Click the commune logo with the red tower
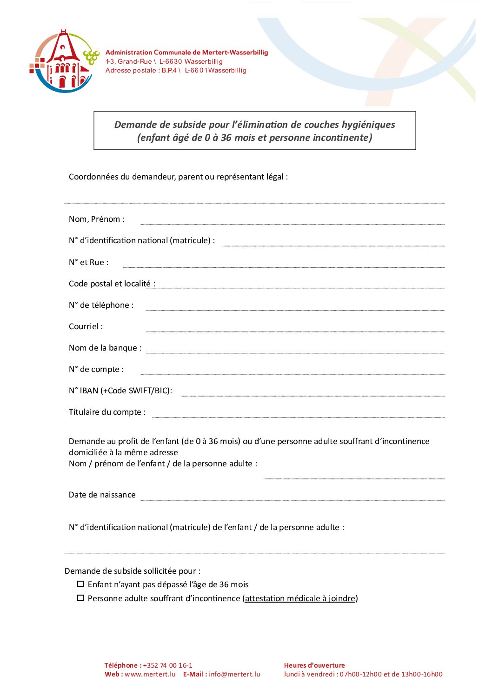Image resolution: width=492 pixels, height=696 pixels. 64,61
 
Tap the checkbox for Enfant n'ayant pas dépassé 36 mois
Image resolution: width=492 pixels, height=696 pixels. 80,584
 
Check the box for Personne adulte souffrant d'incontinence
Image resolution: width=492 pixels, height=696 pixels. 80,598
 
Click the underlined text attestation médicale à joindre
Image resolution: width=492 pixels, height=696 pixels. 300,598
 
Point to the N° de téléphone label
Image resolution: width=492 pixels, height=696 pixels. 101,305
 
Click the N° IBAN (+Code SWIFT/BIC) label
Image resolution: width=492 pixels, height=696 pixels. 120,391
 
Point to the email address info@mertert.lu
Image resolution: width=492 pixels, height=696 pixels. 234,674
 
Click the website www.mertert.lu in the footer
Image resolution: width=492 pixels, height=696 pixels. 150,674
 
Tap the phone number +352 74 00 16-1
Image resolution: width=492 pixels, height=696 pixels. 167,665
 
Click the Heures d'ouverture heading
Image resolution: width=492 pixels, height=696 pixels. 314,665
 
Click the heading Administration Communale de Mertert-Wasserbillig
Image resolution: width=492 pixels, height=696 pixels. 186,52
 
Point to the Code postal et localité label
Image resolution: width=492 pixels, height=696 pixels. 112,284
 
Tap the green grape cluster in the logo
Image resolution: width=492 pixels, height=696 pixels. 91,57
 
